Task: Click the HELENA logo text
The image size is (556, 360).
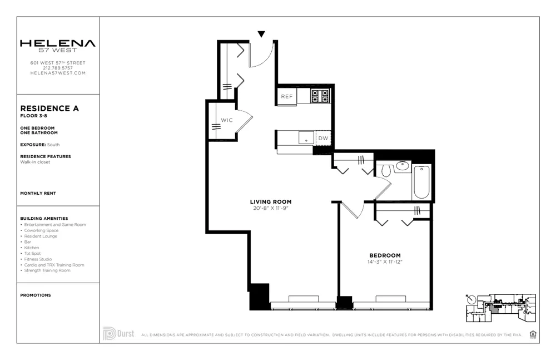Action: pyautogui.click(x=58, y=43)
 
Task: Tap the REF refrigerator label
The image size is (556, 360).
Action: pyautogui.click(x=286, y=96)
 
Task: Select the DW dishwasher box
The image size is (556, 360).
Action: pyautogui.click(x=323, y=138)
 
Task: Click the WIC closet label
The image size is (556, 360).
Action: pyautogui.click(x=226, y=120)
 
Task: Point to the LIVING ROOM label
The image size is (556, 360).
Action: pyautogui.click(x=271, y=201)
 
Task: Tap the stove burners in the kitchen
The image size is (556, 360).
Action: pyautogui.click(x=320, y=96)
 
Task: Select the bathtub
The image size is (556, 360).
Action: pyautogui.click(x=421, y=181)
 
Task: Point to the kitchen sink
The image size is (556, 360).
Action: pyautogui.click(x=304, y=137)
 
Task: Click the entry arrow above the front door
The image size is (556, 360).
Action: pyautogui.click(x=261, y=34)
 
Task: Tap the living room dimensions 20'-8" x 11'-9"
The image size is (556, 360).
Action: pyautogui.click(x=271, y=208)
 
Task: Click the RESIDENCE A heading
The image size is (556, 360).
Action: pyautogui.click(x=49, y=109)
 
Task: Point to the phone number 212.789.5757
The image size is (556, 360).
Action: pyautogui.click(x=58, y=68)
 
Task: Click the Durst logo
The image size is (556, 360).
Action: pyautogui.click(x=118, y=333)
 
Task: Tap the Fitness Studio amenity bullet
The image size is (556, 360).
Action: pyautogui.click(x=38, y=259)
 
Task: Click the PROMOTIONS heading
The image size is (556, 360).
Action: pyautogui.click(x=36, y=295)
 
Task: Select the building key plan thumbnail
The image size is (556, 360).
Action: pyautogui.click(x=500, y=308)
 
